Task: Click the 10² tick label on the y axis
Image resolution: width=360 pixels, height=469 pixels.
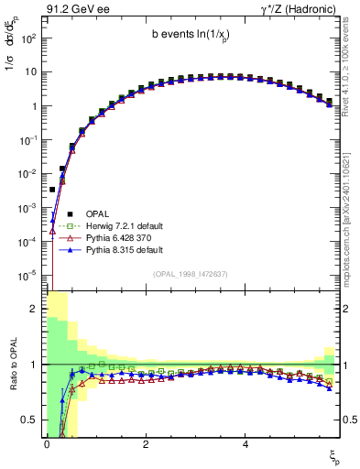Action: [27, 38]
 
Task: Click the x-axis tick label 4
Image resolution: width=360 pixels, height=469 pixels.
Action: [245, 442]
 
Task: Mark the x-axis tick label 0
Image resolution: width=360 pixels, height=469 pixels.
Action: [46, 442]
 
